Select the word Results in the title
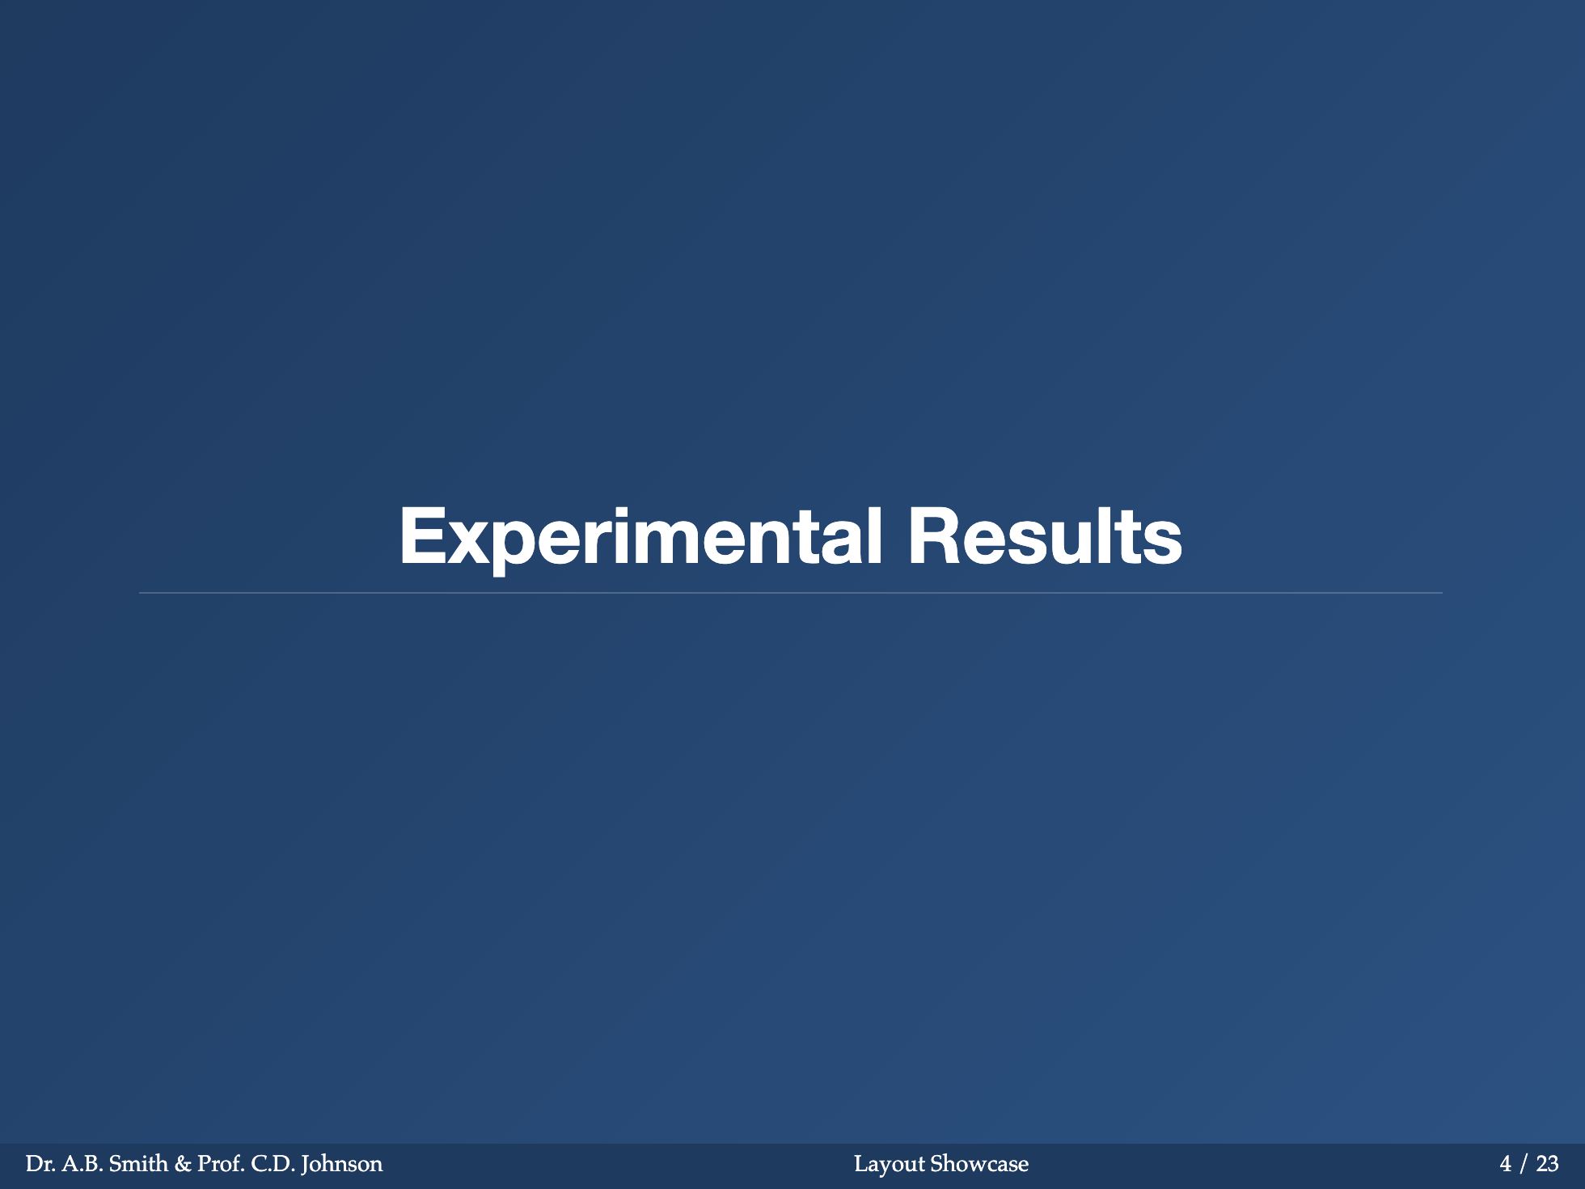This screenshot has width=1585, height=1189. click(1045, 535)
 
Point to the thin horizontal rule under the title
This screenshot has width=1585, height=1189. click(791, 593)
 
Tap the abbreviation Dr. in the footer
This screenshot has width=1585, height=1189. click(40, 1164)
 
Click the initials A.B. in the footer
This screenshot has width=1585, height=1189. click(82, 1164)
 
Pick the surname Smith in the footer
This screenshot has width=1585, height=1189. click(138, 1164)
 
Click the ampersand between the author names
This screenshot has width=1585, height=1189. click(183, 1164)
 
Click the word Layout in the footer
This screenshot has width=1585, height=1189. click(890, 1165)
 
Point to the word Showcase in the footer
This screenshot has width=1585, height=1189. click(979, 1164)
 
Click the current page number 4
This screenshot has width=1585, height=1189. click(1506, 1164)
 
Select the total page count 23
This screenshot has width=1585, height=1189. click(1547, 1164)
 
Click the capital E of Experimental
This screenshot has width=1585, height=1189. click(422, 535)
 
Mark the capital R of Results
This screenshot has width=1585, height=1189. click(932, 535)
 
